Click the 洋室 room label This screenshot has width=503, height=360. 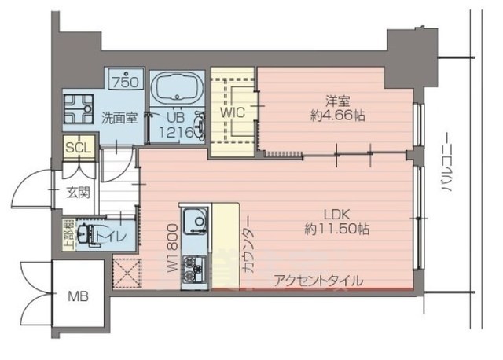(x=338, y=100)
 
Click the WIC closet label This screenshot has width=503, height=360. (x=233, y=112)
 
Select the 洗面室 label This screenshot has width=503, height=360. (x=119, y=119)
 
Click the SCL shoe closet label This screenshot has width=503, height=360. (x=78, y=148)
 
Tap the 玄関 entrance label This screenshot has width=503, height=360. (x=77, y=192)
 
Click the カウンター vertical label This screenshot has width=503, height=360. (x=247, y=243)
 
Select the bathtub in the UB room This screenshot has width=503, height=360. (x=176, y=90)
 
